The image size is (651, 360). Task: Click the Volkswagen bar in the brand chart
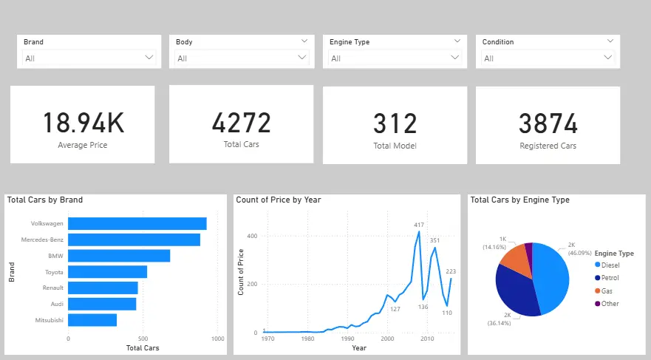(137, 223)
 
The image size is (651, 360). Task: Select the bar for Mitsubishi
(92, 320)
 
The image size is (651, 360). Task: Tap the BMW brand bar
(119, 256)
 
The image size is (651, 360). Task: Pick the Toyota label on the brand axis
(52, 272)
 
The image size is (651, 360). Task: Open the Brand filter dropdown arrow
(149, 57)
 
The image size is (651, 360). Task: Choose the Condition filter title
(497, 42)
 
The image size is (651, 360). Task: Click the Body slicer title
(184, 42)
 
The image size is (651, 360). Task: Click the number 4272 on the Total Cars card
(241, 122)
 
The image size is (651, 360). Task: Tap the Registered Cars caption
(548, 146)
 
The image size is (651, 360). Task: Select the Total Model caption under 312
(395, 146)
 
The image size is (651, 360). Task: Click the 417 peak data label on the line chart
(419, 225)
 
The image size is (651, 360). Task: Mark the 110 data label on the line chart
(446, 313)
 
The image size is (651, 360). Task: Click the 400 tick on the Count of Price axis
(251, 236)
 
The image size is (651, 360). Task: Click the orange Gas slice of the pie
(515, 256)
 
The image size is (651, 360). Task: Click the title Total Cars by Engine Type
(519, 200)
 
